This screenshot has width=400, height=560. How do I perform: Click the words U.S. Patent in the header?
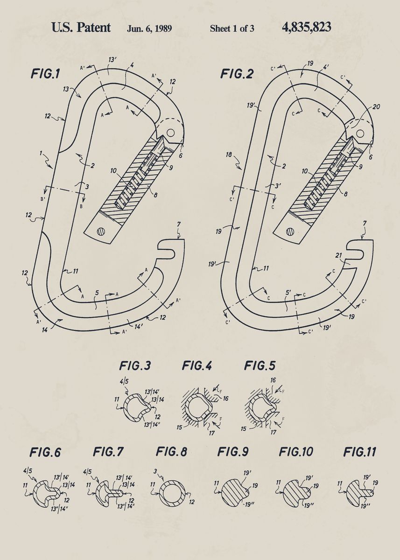81,28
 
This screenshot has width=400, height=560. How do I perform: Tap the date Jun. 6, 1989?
149,28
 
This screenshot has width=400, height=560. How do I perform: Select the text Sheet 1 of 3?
232,28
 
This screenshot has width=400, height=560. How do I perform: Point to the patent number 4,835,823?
307,28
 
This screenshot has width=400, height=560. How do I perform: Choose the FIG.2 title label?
237,74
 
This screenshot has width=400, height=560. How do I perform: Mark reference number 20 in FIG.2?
376,107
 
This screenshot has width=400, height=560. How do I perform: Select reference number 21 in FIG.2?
339,255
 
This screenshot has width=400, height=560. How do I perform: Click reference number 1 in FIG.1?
42,153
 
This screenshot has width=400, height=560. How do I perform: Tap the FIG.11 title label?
359,452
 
